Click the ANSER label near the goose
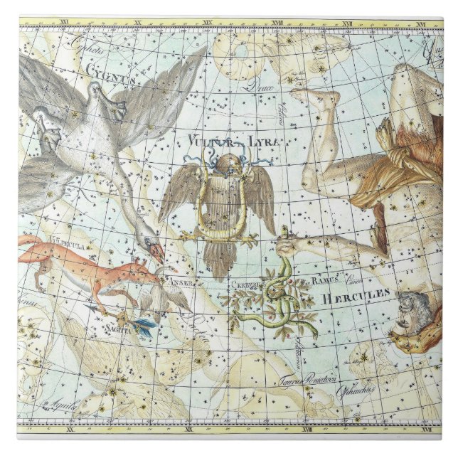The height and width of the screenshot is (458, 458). pyautogui.click(x=176, y=280)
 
